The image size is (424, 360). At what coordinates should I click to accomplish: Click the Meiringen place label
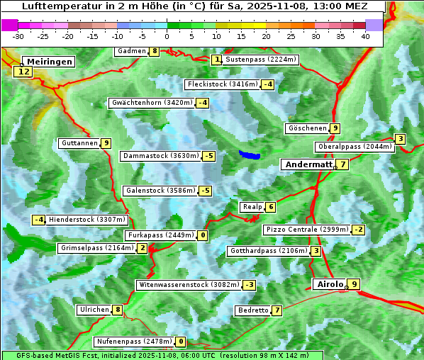tap(48, 62)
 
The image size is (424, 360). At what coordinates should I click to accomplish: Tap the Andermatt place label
tap(308, 164)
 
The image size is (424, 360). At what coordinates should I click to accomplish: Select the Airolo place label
tap(330, 284)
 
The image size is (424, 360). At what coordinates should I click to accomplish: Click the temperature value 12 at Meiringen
tap(24, 71)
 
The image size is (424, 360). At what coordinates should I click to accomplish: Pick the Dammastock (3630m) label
tap(160, 156)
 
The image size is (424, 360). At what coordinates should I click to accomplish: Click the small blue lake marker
tap(250, 154)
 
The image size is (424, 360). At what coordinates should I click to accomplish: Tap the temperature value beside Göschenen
tap(335, 128)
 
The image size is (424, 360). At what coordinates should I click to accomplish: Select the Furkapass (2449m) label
tap(160, 235)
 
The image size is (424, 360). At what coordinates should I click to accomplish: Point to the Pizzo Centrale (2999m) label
tap(307, 230)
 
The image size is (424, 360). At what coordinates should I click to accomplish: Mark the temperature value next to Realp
tap(270, 207)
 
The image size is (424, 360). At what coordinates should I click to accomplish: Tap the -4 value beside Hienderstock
tap(39, 220)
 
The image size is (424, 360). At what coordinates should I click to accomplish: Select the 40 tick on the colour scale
tap(365, 35)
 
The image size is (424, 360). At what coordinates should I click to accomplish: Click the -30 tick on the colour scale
tap(19, 35)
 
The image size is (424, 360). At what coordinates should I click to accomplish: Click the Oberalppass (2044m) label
tap(355, 147)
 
